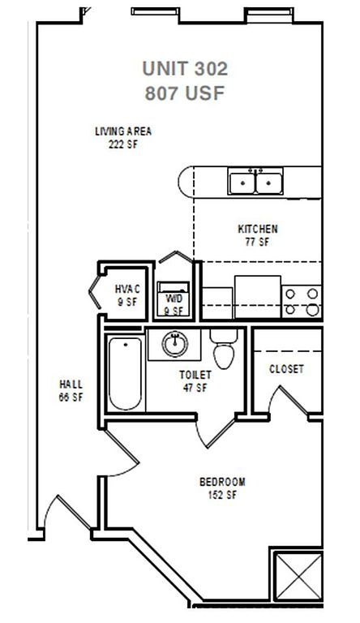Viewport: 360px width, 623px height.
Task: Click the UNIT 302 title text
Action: (185, 68)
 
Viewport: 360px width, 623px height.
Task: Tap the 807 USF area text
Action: (185, 93)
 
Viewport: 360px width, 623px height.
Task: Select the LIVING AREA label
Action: (123, 131)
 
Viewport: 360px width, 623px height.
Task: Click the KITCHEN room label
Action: (258, 229)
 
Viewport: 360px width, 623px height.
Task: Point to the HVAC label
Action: (127, 289)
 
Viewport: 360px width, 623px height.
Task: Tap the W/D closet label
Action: (174, 299)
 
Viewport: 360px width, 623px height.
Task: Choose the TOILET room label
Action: (195, 375)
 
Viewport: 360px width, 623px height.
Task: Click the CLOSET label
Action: (286, 369)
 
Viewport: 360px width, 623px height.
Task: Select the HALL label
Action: (71, 385)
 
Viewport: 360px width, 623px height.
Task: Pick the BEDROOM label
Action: (222, 482)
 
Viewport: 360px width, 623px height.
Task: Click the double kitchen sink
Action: (255, 181)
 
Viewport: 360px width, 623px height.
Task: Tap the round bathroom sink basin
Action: (175, 344)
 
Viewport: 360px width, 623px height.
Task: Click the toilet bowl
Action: (224, 355)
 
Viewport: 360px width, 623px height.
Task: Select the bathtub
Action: (125, 373)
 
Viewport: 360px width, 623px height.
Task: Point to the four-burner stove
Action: (302, 302)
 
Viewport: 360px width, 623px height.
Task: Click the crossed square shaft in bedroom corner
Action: (298, 577)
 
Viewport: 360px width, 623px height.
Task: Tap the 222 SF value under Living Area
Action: (123, 144)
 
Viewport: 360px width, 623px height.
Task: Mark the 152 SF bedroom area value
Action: (222, 495)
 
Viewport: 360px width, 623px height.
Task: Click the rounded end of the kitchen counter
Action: (185, 182)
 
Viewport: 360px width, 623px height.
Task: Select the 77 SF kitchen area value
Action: (258, 242)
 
